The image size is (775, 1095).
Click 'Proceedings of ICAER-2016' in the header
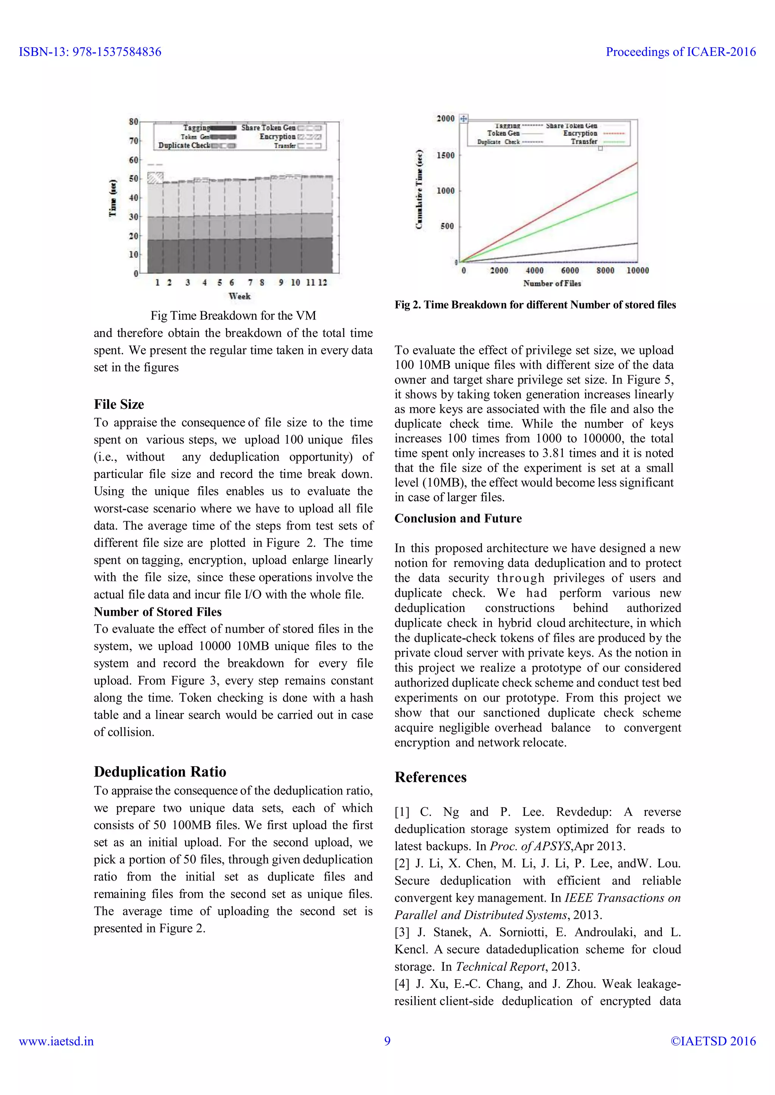click(680, 52)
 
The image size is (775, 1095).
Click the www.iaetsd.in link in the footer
click(56, 1041)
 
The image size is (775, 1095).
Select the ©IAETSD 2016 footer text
click(713, 1041)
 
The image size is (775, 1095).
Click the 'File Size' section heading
click(119, 404)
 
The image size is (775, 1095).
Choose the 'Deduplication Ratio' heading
click(160, 772)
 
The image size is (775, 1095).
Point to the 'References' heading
click(430, 777)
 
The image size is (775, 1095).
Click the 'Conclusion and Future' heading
click(458, 519)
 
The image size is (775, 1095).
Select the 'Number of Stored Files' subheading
click(157, 612)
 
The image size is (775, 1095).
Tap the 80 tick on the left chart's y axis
click(133, 122)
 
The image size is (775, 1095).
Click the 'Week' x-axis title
click(240, 296)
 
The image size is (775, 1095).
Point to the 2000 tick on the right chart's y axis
click(446, 119)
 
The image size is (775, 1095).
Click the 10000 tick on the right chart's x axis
click(638, 271)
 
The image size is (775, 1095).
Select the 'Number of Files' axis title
click(552, 283)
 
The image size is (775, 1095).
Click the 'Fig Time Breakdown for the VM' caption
click(233, 316)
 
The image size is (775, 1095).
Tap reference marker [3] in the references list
click(402, 932)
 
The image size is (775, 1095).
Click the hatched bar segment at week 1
click(155, 178)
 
